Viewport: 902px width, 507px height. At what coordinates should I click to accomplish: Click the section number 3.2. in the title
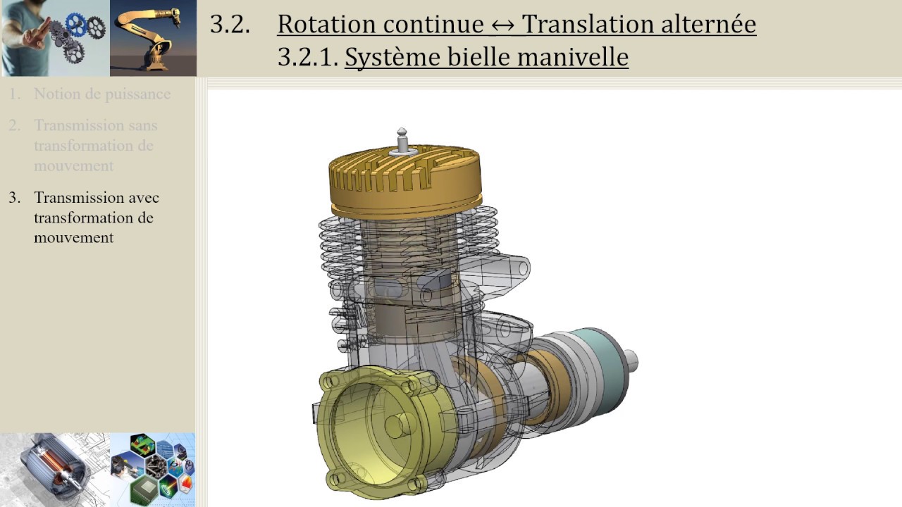(230, 24)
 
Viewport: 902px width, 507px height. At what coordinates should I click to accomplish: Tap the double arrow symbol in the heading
(502, 25)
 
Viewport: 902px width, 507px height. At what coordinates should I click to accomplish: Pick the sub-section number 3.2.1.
(307, 57)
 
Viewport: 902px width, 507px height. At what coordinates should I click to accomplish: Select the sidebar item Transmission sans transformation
(95, 145)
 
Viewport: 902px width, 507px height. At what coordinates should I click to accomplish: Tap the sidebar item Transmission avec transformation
(95, 217)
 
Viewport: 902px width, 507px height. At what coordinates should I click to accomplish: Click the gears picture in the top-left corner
(55, 38)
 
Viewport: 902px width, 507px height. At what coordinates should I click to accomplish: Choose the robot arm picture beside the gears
(153, 38)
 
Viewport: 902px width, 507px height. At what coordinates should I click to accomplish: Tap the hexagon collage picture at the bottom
(153, 469)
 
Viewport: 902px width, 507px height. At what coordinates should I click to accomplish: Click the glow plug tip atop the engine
(402, 133)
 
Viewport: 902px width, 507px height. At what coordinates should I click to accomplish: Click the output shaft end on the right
(632, 360)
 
